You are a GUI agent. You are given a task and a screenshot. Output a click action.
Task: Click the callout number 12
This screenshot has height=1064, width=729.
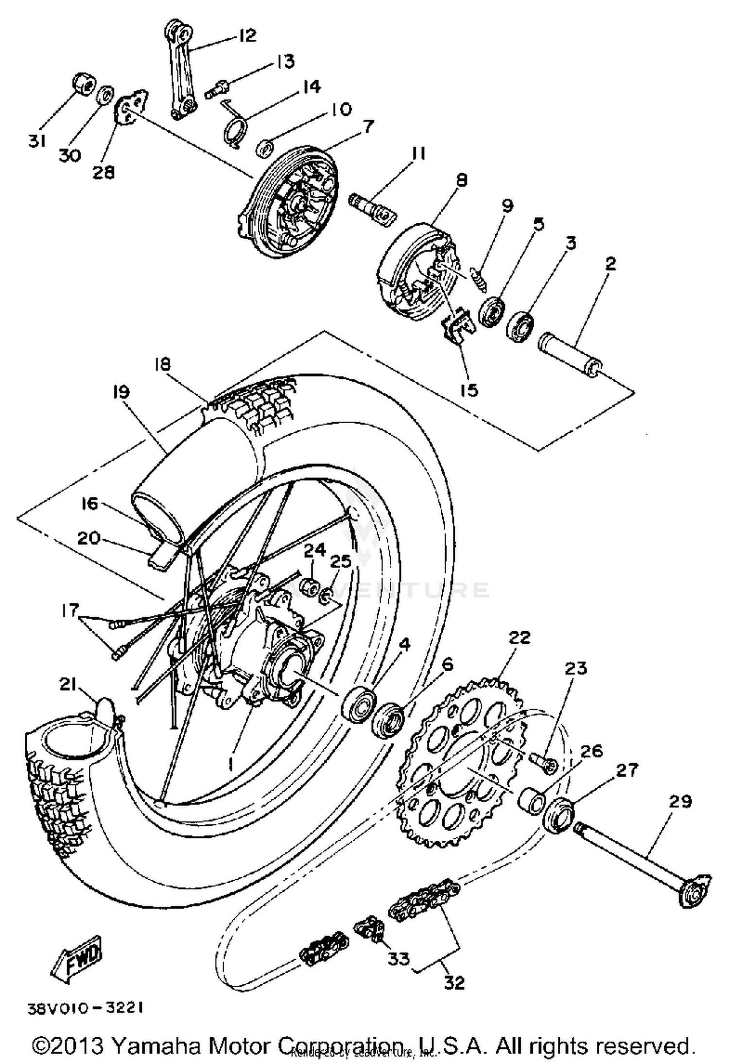tap(247, 35)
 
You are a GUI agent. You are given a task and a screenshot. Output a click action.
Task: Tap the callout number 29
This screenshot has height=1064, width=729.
tap(680, 801)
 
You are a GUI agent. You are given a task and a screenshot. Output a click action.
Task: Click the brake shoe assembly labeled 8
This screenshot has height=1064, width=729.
tap(418, 272)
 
